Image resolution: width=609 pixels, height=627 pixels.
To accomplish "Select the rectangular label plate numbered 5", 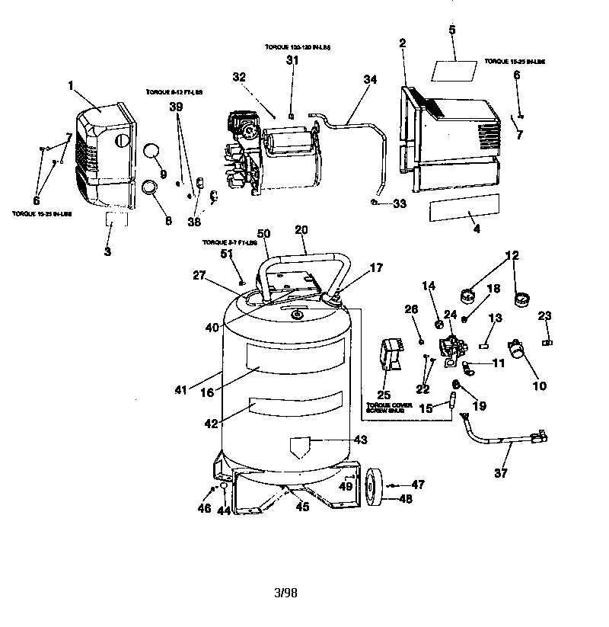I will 454,70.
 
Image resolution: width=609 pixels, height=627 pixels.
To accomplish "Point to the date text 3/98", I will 285,592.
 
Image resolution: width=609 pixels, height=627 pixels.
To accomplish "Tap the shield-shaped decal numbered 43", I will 306,449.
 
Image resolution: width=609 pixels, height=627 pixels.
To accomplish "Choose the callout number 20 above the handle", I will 301,229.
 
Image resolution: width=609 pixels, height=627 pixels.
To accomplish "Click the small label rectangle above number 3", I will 117,220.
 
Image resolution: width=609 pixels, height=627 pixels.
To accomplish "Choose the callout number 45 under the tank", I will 302,507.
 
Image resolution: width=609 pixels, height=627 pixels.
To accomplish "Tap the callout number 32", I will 240,77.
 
